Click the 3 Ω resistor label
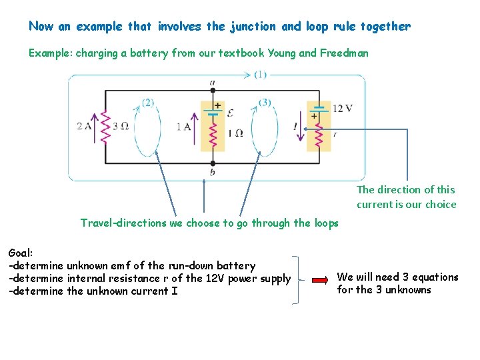pos(120,126)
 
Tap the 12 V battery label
pos(342,108)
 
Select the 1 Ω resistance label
pos(235,133)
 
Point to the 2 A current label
pos(85,126)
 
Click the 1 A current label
pos(184,127)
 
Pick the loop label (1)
pos(260,75)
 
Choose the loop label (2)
pos(148,102)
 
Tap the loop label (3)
pos(265,102)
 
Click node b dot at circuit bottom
pos(213,163)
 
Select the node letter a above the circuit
pos(212,83)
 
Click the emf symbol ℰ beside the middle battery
pos(231,113)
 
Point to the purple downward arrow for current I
pos(300,127)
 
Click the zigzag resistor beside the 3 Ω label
pos(104,126)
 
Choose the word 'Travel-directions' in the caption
pos(123,223)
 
